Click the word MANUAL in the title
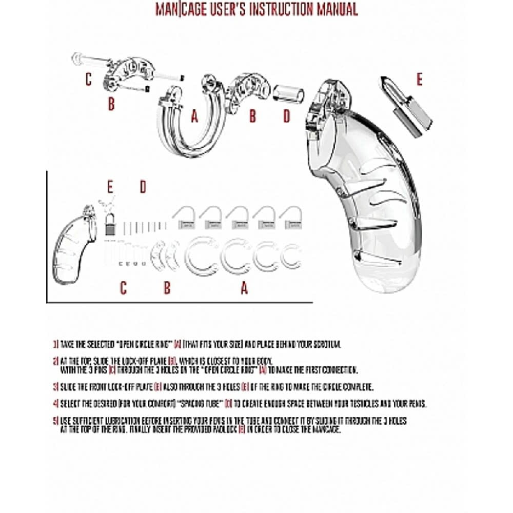[x=331, y=9]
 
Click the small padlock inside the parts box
[x=109, y=224]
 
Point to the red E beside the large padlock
[x=419, y=80]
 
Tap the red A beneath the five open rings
[x=244, y=288]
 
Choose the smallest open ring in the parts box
[x=291, y=253]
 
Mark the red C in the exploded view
[x=89, y=80]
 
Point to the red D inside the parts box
[x=143, y=187]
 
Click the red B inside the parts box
[x=167, y=288]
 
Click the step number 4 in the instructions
[x=55, y=402]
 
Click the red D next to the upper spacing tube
[x=287, y=116]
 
